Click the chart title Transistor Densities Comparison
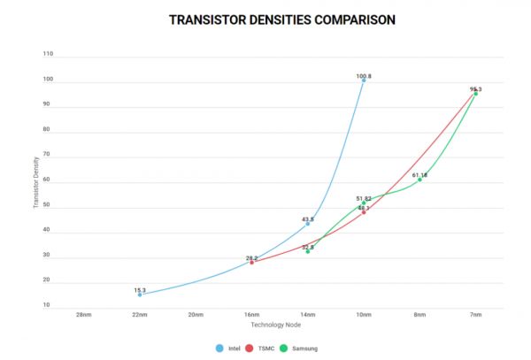265,18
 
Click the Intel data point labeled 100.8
363,80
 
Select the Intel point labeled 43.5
307,224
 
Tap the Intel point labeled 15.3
140,295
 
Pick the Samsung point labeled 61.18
419,180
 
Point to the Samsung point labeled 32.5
307,251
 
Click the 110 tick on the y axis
48,54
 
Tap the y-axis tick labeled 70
48,155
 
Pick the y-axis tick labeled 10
48,305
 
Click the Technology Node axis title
279,325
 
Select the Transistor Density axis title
35,182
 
